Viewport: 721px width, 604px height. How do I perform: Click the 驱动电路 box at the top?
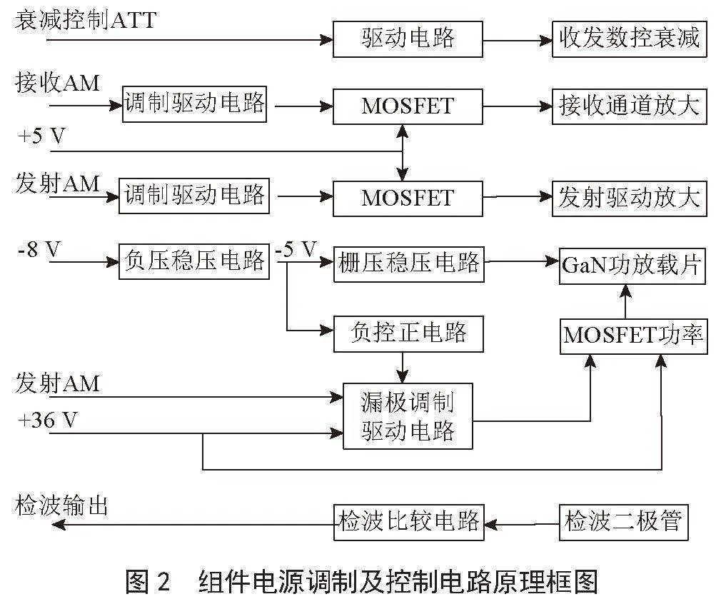[408, 39]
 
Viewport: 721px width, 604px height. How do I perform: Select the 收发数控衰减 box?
[629, 39]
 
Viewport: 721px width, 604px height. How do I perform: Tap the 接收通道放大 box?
[629, 106]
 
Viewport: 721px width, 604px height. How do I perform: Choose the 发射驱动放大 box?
[629, 198]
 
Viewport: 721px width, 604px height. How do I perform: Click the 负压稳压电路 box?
[194, 262]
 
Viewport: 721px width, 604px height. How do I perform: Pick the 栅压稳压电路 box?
[409, 264]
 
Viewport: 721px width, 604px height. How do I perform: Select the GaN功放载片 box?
[632, 266]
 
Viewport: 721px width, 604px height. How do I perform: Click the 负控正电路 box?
[408, 334]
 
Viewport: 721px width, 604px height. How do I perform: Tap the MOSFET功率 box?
[634, 336]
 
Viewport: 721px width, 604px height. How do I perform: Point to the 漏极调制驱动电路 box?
[408, 416]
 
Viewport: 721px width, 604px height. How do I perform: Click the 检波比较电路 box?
[409, 523]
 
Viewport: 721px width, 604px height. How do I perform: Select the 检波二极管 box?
[623, 523]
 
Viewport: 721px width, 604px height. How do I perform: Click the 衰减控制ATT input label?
[86, 21]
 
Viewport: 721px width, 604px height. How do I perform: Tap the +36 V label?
[47, 420]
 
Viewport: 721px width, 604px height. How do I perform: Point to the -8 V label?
[39, 250]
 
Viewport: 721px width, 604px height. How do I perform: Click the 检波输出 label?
[61, 505]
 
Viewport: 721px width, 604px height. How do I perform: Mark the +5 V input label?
[41, 136]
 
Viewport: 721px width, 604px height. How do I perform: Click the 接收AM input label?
[58, 83]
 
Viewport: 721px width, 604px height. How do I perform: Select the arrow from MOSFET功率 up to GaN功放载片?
[625, 302]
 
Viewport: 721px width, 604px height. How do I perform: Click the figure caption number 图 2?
[148, 581]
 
